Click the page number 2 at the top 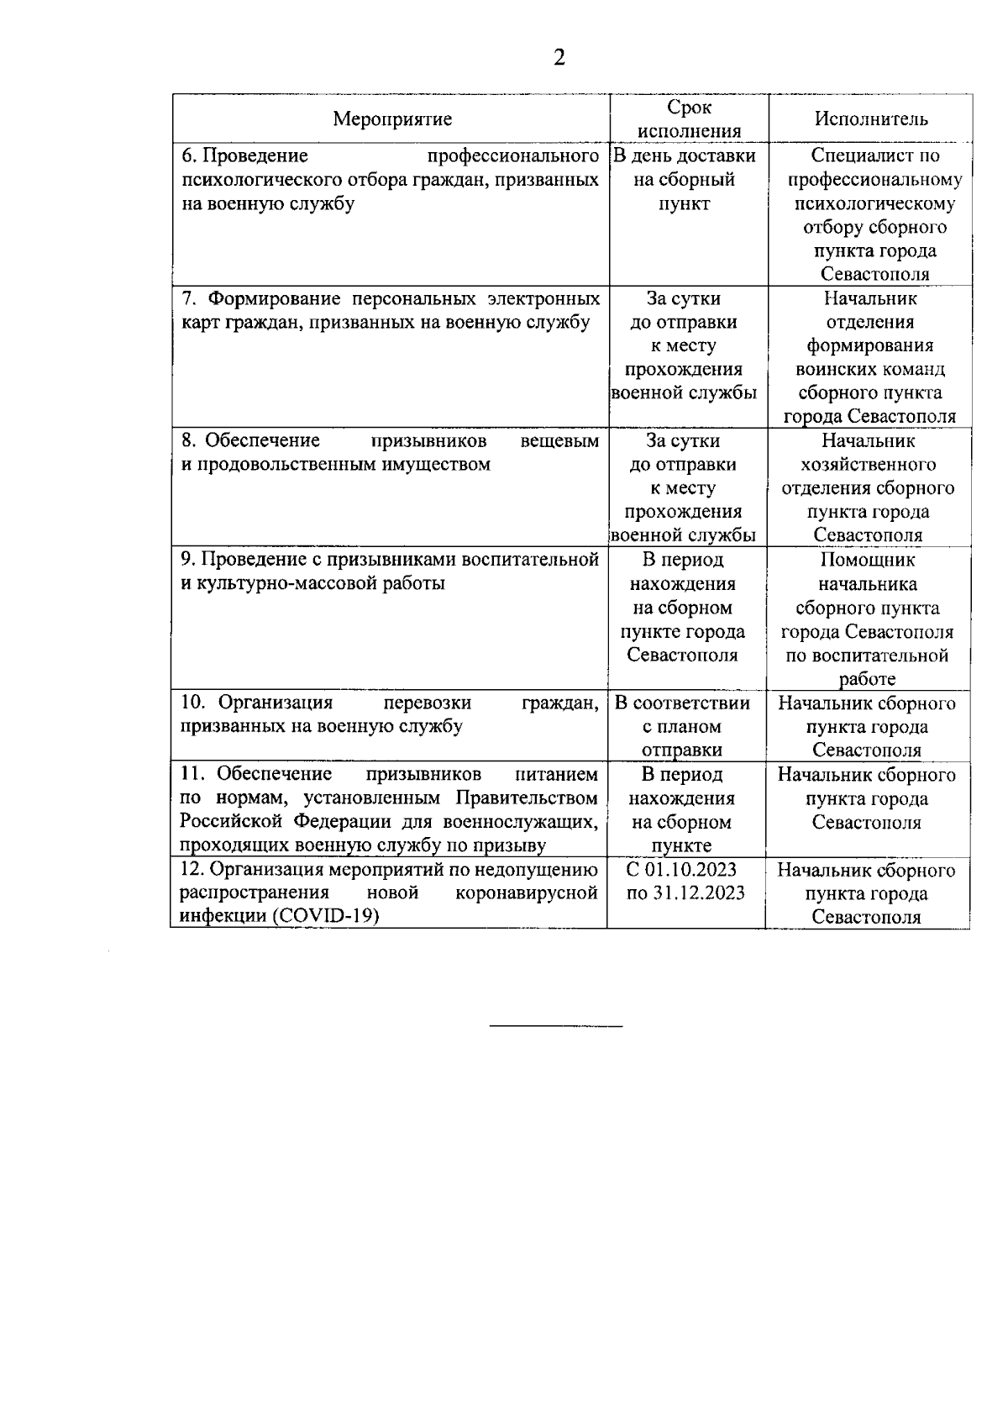coord(559,57)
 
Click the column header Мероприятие coord(392,118)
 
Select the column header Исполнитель coord(871,118)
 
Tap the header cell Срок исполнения coord(689,118)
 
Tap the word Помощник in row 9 coord(868,560)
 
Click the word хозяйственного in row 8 coord(869,464)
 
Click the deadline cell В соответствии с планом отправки coord(682,726)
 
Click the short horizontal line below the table coord(556,1027)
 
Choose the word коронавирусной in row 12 coord(526,893)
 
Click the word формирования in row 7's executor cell coord(869,345)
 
